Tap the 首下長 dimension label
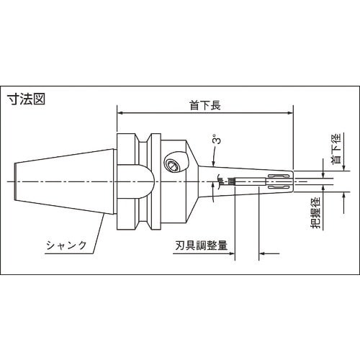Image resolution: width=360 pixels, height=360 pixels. [x=205, y=105]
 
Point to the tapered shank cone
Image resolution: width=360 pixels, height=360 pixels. [x=65, y=184]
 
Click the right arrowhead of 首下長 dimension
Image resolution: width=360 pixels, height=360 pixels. [x=289, y=112]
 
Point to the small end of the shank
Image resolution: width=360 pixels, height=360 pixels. [x=17, y=184]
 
